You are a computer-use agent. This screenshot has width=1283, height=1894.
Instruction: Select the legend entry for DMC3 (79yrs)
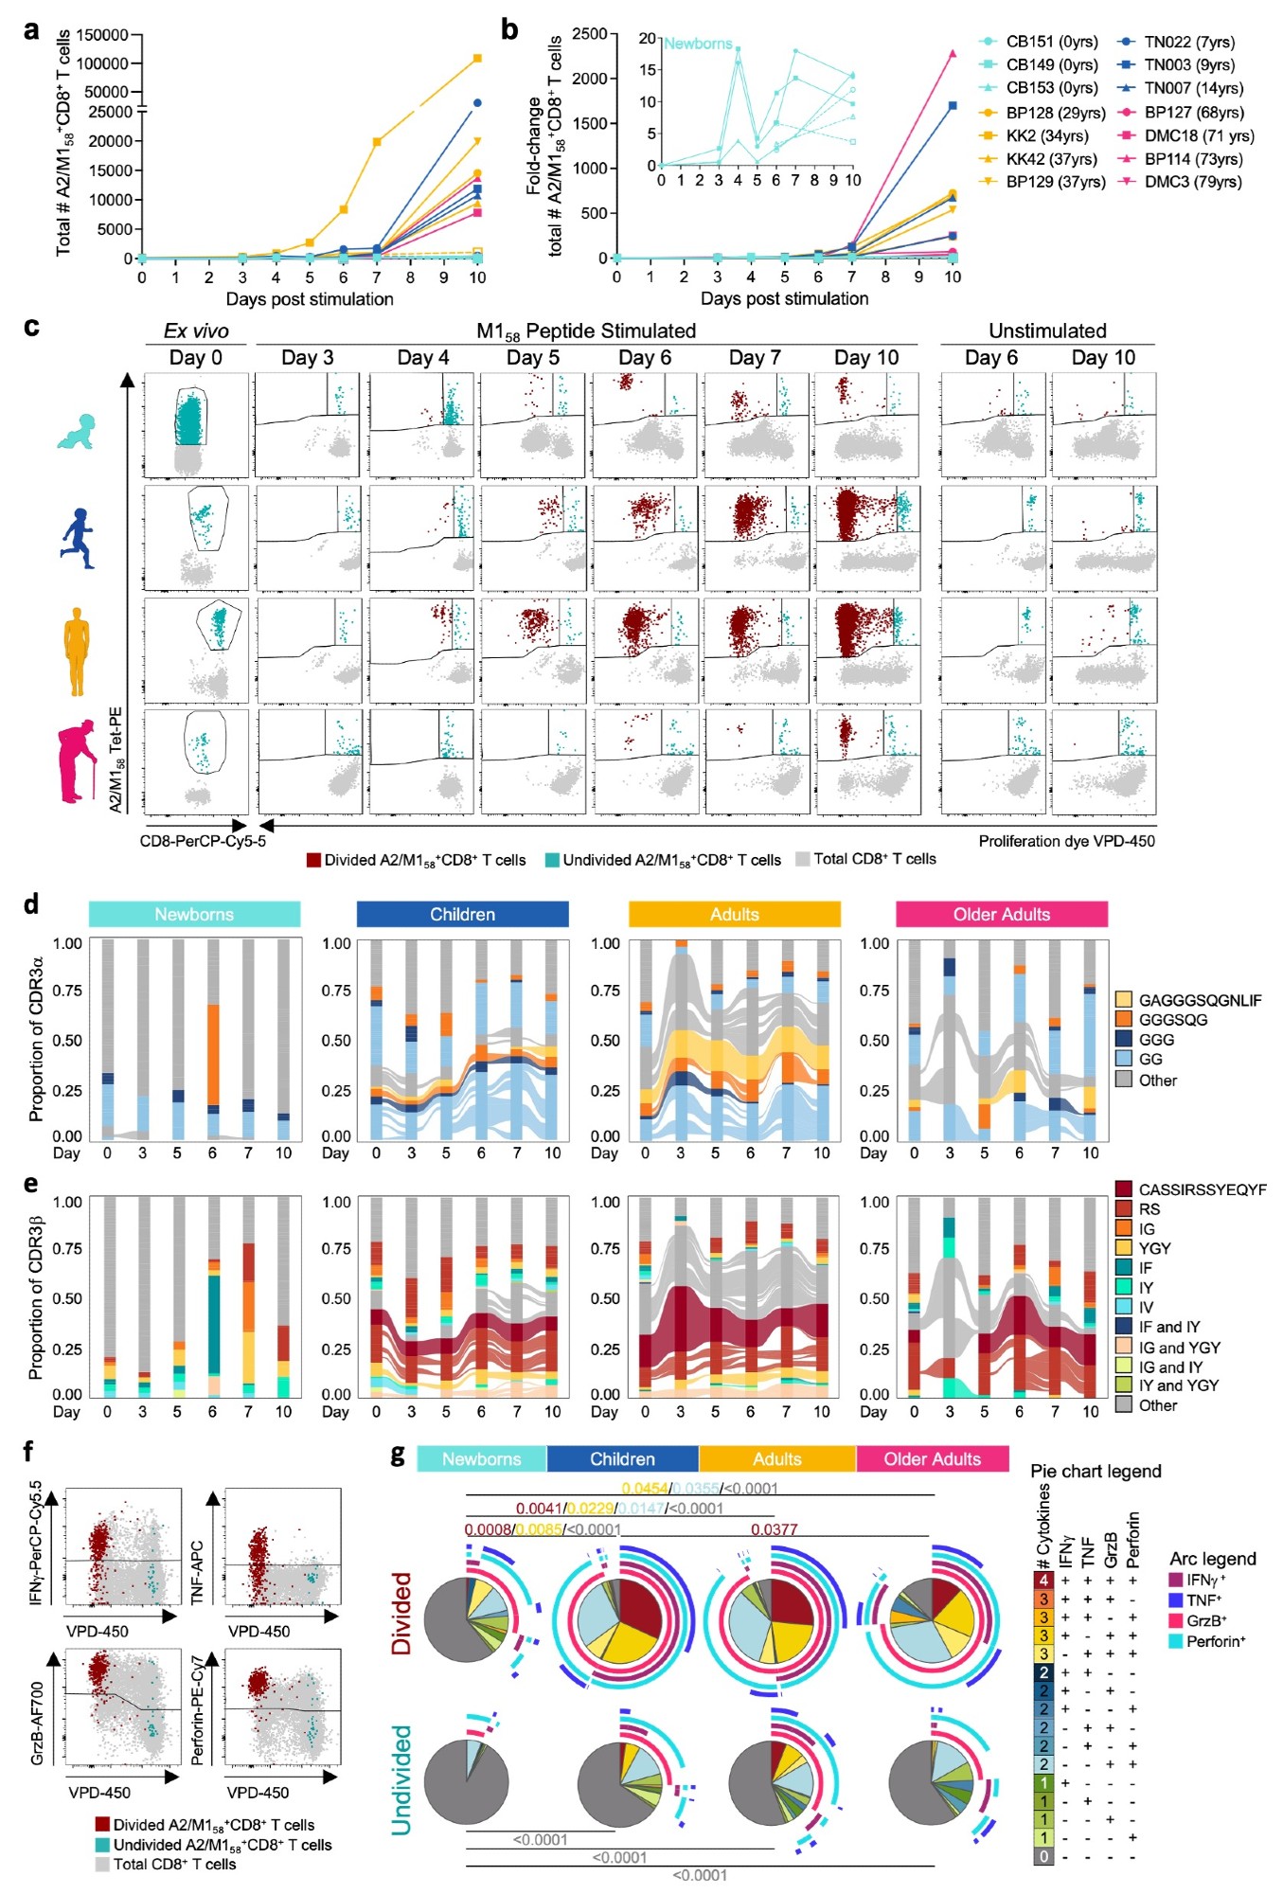point(1192,182)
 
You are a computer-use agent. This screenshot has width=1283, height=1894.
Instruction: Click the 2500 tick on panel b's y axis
point(589,34)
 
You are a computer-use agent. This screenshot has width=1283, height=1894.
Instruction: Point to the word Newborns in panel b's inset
point(698,44)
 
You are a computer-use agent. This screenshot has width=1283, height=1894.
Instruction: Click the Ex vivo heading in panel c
point(196,331)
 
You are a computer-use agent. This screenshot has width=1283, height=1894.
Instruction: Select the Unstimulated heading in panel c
point(1047,331)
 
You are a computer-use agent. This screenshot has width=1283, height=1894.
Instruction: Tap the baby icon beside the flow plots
point(76,431)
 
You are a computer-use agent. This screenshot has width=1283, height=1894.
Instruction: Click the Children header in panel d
point(462,914)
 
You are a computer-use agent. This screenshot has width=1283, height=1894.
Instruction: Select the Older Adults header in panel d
point(1001,914)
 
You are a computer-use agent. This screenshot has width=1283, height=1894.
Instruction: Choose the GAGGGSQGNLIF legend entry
point(1199,1000)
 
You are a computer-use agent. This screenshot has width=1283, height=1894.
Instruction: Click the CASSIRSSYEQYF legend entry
point(1202,1189)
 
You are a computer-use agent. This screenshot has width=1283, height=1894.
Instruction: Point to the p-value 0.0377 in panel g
point(774,1529)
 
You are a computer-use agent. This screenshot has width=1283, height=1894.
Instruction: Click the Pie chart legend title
point(1095,1471)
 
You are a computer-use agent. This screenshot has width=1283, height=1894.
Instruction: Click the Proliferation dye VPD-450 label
point(1066,841)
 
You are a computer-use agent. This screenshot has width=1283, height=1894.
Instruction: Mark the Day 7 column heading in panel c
point(755,358)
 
